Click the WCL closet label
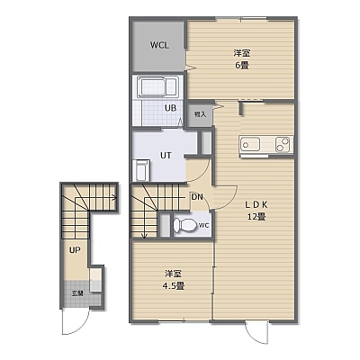click(159, 45)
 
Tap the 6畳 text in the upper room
click(242, 65)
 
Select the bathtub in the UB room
click(157, 87)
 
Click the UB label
click(170, 108)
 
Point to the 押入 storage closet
click(200, 114)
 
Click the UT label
click(166, 155)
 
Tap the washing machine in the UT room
click(143, 170)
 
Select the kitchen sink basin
click(249, 145)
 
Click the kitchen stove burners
click(283, 144)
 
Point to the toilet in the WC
click(184, 225)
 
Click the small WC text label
click(203, 225)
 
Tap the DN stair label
click(197, 197)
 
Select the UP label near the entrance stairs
click(75, 250)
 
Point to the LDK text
click(256, 204)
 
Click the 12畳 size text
click(256, 217)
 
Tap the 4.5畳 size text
click(174, 285)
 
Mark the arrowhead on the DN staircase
click(144, 237)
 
